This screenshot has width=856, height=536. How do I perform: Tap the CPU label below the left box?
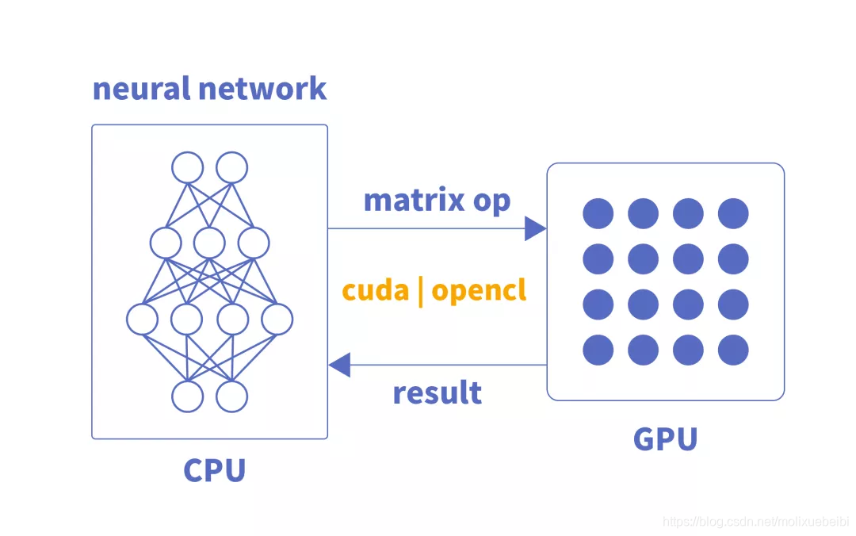coord(214,470)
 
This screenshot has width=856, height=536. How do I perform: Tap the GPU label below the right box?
coord(665,439)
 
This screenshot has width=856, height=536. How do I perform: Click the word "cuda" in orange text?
coord(375,290)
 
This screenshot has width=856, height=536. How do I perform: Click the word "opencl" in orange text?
coord(479,292)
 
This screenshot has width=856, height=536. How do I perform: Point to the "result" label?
coord(437,392)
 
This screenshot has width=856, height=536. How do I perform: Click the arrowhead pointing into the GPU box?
coord(535,229)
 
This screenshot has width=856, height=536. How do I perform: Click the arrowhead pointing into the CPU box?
coord(340,365)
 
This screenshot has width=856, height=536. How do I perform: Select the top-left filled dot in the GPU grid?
coord(598,213)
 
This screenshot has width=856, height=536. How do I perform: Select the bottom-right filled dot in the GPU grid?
coord(733,350)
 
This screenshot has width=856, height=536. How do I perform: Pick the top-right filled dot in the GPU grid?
coord(733,213)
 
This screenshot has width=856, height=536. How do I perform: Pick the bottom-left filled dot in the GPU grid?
coord(598,350)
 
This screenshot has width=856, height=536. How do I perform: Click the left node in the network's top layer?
coord(188,168)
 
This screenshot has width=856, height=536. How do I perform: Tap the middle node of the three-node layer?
coord(210,243)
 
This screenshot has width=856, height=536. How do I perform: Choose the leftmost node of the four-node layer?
coord(143,320)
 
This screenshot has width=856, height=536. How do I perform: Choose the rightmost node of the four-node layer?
coord(277,320)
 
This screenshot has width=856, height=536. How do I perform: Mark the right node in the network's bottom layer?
coord(232,396)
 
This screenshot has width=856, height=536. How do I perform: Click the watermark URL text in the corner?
coord(754,522)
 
